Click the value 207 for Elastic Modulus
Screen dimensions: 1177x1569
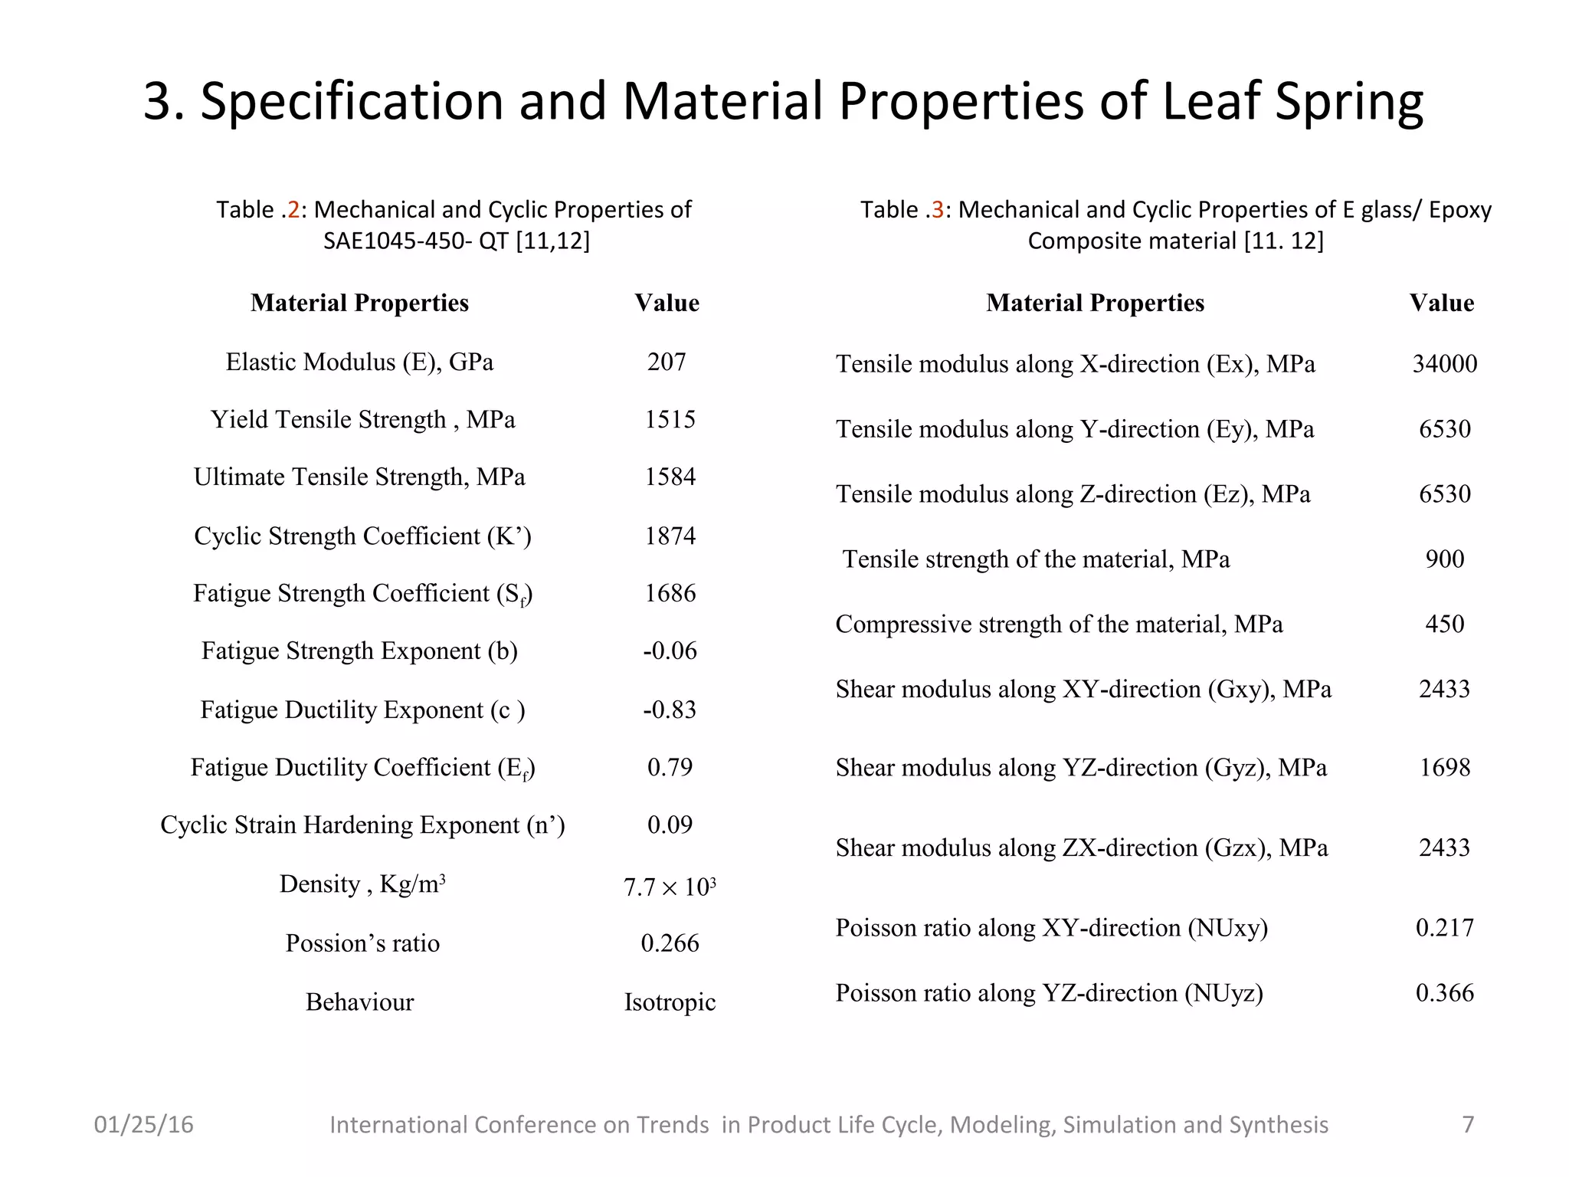click(667, 362)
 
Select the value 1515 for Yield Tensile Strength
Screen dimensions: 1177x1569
click(670, 419)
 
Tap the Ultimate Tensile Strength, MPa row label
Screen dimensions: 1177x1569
click(359, 477)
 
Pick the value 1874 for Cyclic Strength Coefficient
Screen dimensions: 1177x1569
click(670, 536)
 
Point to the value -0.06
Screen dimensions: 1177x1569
click(670, 651)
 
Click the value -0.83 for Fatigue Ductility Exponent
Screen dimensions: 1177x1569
click(670, 710)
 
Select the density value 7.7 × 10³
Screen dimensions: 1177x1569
click(670, 887)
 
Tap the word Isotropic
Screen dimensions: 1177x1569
click(670, 1002)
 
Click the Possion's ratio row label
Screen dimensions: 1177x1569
click(362, 943)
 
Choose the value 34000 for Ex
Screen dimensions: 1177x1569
click(1444, 363)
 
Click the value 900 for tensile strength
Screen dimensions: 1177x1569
click(1444, 559)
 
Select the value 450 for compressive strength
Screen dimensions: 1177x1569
click(1444, 624)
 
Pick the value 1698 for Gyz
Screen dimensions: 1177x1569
click(1444, 767)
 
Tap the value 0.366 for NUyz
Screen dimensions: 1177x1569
click(1444, 992)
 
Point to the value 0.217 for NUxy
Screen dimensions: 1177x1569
click(1444, 927)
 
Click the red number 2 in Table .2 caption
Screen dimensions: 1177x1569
click(293, 209)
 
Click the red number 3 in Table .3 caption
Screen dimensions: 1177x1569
click(938, 209)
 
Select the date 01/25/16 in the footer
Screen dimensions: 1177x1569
click(143, 1124)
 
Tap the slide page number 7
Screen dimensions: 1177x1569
click(1468, 1124)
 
